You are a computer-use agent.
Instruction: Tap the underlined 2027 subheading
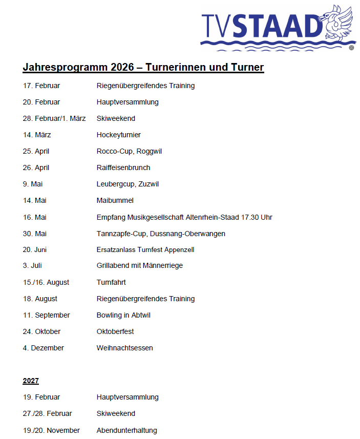pyautogui.click(x=31, y=381)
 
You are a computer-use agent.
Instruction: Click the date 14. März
pyautogui.click(x=37, y=135)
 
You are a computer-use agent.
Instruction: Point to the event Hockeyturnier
pyautogui.click(x=119, y=135)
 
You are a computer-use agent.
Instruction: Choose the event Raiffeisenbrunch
pyautogui.click(x=123, y=168)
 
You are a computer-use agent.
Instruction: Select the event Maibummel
pyautogui.click(x=115, y=200)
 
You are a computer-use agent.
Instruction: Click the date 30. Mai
pyautogui.click(x=34, y=233)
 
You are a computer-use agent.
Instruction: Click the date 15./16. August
pyautogui.click(x=46, y=282)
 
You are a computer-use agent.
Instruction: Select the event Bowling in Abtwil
pyautogui.click(x=123, y=315)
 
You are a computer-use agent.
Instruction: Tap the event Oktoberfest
pyautogui.click(x=115, y=331)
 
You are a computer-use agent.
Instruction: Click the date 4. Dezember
pyautogui.click(x=44, y=348)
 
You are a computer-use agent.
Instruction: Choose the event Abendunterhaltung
pyautogui.click(x=127, y=430)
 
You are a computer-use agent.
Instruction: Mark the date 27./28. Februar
pyautogui.click(x=48, y=413)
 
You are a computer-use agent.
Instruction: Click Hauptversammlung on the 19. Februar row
pyautogui.click(x=128, y=397)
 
